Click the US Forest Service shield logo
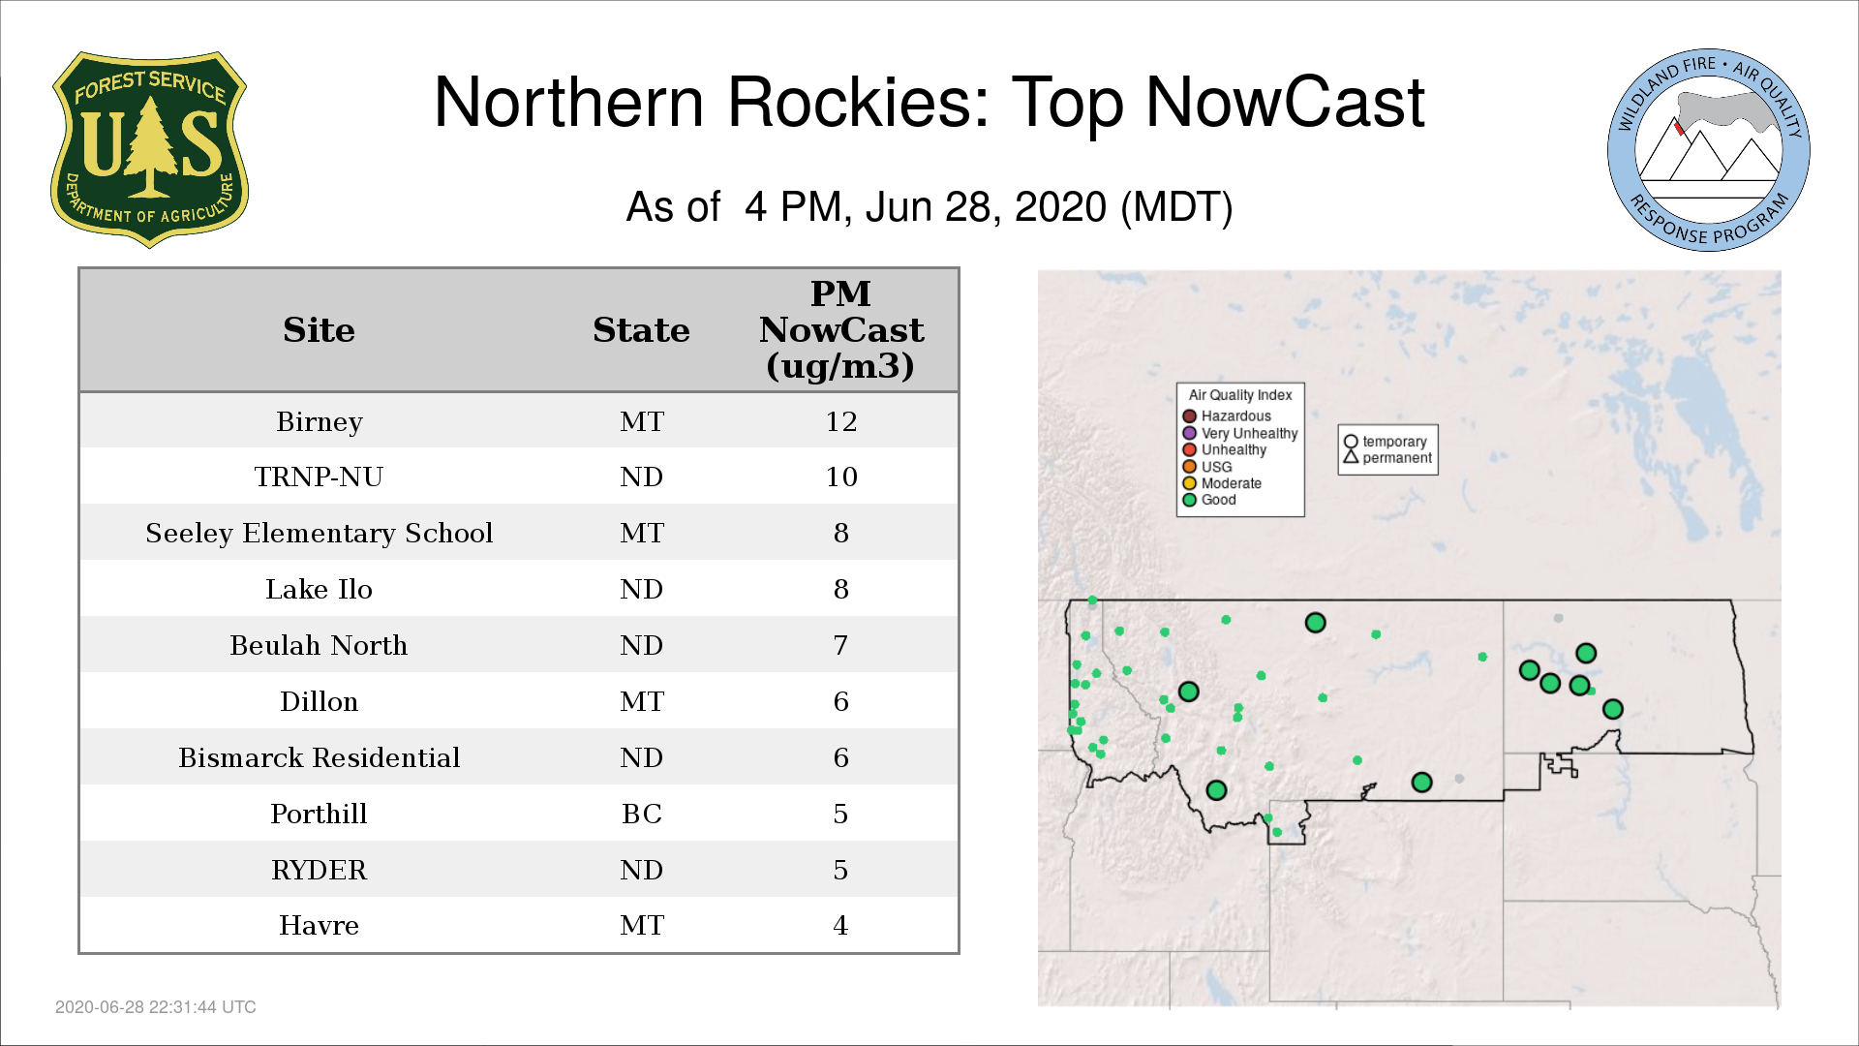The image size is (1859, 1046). [x=149, y=149]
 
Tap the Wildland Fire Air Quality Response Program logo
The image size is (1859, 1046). [x=1709, y=150]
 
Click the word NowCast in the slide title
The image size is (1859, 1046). [x=1285, y=102]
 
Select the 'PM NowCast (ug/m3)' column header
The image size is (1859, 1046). [x=840, y=329]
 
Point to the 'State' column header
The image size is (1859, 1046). [x=641, y=330]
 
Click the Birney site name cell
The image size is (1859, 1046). [x=320, y=421]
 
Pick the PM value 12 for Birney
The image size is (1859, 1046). [x=840, y=421]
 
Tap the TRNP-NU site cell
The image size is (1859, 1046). [x=319, y=477]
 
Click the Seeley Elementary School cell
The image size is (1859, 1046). [x=319, y=533]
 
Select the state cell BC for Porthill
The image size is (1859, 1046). [x=641, y=814]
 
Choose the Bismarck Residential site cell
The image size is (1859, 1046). [x=319, y=757]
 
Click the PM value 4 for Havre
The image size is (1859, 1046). [x=840, y=926]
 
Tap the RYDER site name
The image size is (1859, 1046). [x=319, y=870]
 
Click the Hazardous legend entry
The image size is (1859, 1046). [x=1227, y=416]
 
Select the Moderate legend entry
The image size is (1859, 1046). [x=1222, y=483]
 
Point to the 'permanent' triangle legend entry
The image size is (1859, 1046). [x=1387, y=457]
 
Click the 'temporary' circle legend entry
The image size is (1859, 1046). [x=1386, y=442]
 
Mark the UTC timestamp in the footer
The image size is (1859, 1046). [x=156, y=1007]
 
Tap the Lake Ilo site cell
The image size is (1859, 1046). [x=319, y=589]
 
